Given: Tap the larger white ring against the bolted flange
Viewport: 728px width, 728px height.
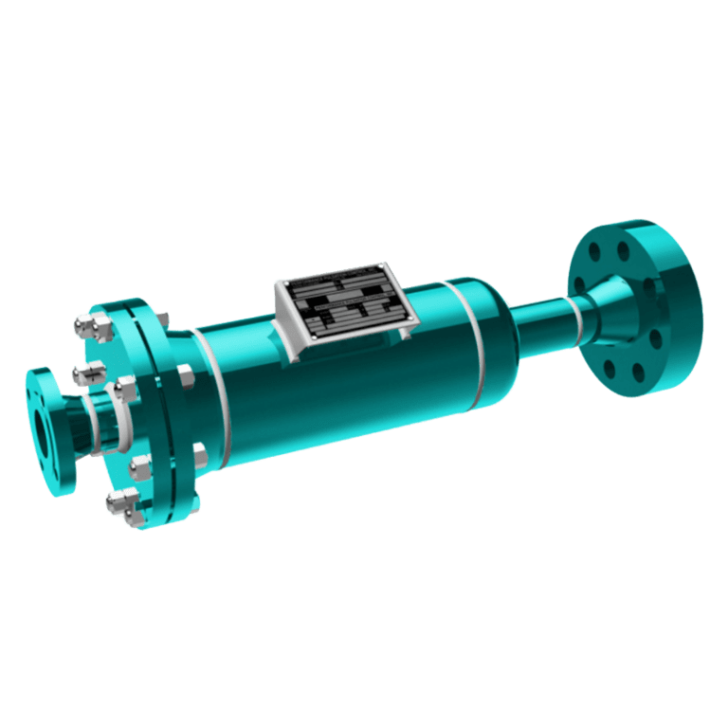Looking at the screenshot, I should (x=124, y=417).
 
